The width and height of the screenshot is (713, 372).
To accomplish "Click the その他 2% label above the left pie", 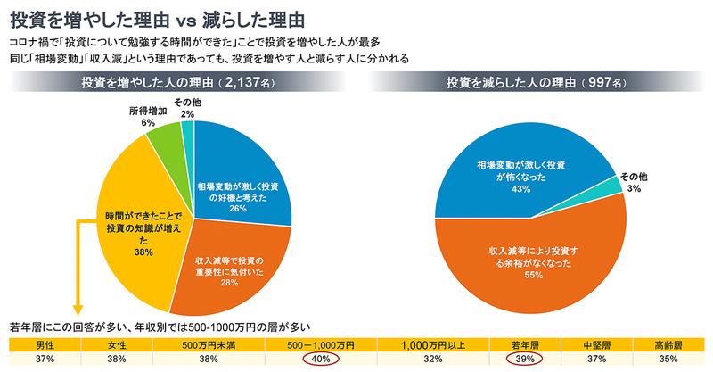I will coord(186,109).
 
